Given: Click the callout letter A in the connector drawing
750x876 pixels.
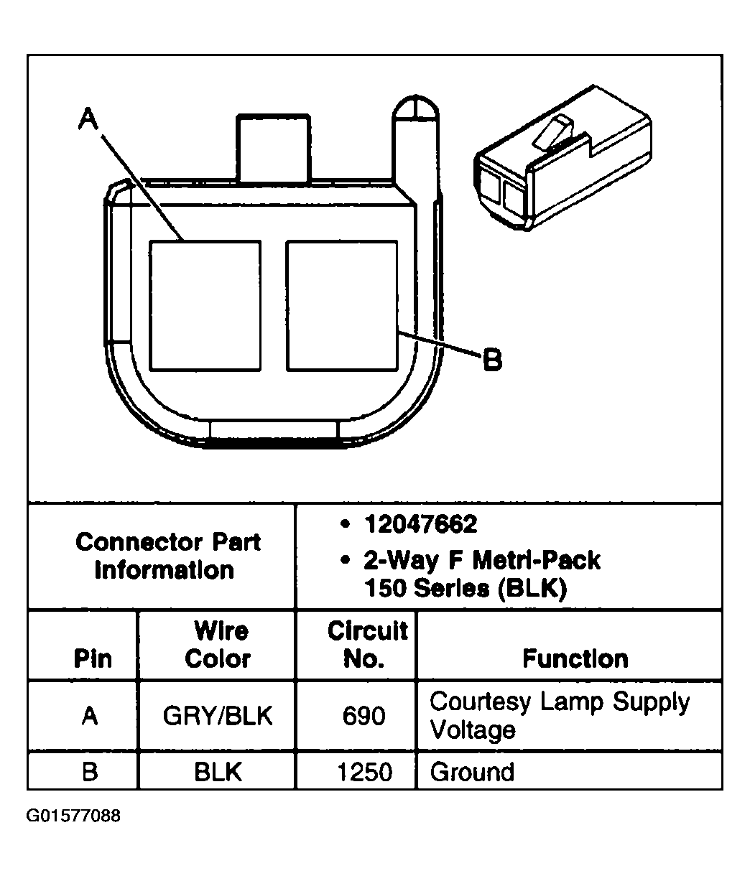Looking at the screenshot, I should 88,118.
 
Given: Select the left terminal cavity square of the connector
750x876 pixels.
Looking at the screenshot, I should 205,306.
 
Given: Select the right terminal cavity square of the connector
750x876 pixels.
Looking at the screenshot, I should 341,306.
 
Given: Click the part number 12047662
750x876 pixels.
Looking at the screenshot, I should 420,525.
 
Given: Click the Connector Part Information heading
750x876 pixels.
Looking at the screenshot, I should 167,556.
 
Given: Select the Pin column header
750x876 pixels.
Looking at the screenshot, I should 93,658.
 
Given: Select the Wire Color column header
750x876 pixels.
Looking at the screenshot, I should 218,645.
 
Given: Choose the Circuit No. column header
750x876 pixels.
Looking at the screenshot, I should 367,645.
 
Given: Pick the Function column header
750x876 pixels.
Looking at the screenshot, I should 575,658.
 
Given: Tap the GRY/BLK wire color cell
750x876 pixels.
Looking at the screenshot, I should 218,716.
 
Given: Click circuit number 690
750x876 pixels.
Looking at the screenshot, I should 364,716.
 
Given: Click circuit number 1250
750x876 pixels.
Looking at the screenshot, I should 364,772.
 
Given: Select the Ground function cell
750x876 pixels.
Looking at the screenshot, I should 472,772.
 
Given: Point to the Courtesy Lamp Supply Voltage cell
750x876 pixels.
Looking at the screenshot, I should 559,715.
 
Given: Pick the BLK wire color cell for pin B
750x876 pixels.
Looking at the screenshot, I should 218,772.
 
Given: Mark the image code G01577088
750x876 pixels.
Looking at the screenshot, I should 73,816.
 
